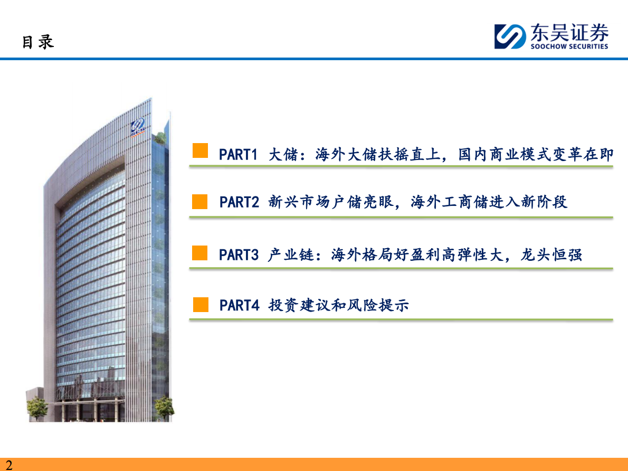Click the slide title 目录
click(37, 42)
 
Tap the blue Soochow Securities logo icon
click(510, 36)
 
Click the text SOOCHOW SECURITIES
click(569, 46)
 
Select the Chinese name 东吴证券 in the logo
click(569, 32)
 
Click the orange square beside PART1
click(200, 150)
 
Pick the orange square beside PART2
click(200, 202)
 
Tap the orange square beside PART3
click(200, 253)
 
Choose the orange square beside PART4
click(201, 305)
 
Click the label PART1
click(238, 155)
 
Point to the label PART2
click(239, 202)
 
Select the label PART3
click(239, 255)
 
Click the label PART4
click(240, 305)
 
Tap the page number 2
click(9, 465)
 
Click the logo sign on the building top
click(138, 127)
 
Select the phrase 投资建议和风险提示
click(338, 305)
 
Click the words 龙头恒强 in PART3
click(551, 255)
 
